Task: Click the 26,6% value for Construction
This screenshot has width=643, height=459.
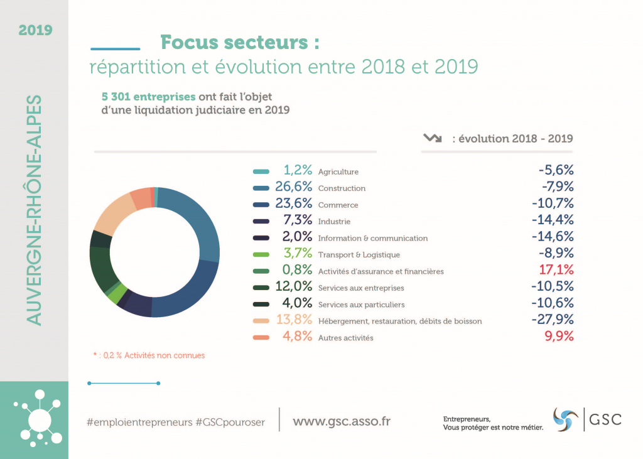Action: click(x=294, y=188)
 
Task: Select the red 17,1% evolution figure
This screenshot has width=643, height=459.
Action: click(x=556, y=271)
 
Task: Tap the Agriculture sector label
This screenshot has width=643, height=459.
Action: click(x=338, y=171)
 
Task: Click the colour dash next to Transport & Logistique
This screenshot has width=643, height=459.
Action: click(x=261, y=255)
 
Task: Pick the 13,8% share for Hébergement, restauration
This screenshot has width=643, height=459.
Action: click(x=294, y=321)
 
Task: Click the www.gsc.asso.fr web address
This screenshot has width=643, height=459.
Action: click(x=342, y=421)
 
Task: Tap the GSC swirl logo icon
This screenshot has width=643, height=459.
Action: click(x=565, y=419)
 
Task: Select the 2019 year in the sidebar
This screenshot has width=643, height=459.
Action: click(x=35, y=30)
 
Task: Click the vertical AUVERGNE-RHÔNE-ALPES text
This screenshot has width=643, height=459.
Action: click(x=35, y=210)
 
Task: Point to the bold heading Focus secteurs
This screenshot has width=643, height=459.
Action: click(x=239, y=42)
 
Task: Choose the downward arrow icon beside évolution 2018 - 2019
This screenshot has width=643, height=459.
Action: click(x=433, y=138)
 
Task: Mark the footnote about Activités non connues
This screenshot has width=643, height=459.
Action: click(x=149, y=355)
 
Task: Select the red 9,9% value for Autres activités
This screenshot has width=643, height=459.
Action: click(x=558, y=337)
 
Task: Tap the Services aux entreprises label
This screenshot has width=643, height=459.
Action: click(x=361, y=288)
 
